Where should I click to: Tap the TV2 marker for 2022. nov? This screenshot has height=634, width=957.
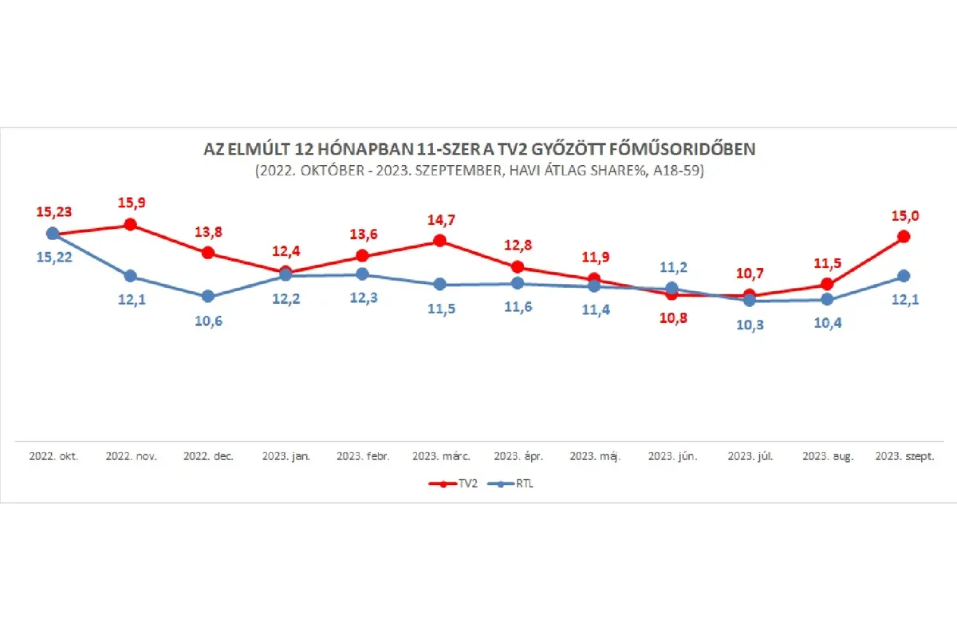130,225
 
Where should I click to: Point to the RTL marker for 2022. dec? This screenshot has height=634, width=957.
207,296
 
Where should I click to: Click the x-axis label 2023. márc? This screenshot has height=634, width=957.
441,457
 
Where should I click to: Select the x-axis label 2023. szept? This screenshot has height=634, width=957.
904,457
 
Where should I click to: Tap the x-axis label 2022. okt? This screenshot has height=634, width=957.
53,457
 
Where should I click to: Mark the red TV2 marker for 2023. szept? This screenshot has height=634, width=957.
904,236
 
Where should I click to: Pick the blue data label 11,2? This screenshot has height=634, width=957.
672,267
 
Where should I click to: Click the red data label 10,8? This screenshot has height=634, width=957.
671,317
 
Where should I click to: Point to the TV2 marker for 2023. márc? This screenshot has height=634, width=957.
439,241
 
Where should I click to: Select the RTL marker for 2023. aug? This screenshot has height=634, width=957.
827,299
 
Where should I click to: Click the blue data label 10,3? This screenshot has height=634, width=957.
749,324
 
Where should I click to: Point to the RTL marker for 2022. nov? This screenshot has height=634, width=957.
130,276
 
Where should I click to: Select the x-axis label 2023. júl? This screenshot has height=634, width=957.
750,457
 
